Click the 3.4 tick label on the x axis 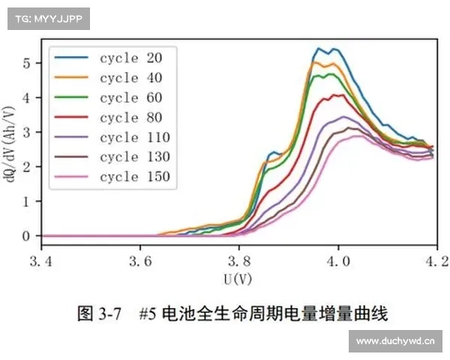click(41, 262)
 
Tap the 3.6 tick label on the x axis click(140, 262)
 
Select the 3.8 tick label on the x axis click(239, 262)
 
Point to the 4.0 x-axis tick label click(338, 262)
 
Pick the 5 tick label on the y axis click(26, 63)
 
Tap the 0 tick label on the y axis click(26, 236)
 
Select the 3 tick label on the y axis click(26, 133)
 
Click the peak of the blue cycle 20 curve click(319, 49)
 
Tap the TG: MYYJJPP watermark click(48, 19)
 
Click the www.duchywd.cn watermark click(396, 341)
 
